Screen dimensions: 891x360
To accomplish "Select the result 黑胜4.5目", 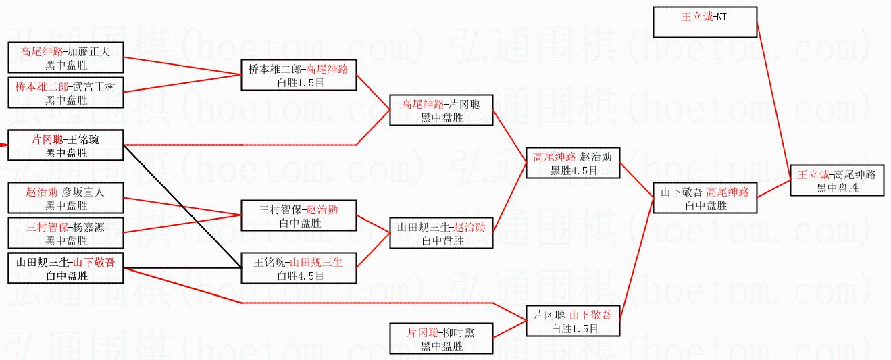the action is coord(574,171).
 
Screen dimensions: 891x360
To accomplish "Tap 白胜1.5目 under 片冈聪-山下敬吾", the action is coord(574,329).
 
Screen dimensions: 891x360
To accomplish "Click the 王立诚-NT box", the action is coord(704,22).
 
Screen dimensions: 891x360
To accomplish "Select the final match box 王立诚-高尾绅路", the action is coord(836,181).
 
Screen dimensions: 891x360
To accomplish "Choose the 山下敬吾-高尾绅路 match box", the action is coord(705,199).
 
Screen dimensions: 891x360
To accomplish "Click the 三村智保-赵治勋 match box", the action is coord(299,216).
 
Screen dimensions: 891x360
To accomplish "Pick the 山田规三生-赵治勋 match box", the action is coord(441,233).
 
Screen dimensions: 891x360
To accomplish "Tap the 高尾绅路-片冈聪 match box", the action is coord(441,110).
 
